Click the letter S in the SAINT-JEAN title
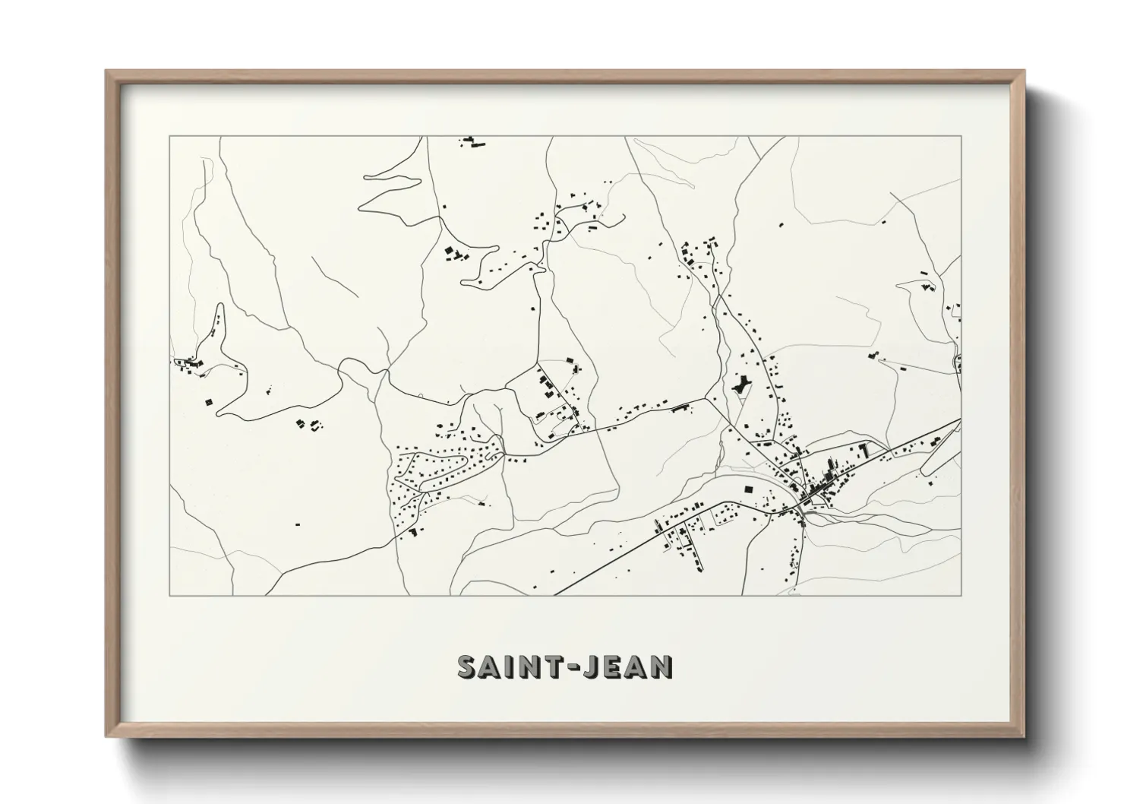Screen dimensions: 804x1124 tap(468, 666)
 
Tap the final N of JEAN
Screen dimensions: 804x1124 tap(662, 666)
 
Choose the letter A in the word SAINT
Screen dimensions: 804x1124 tap(492, 666)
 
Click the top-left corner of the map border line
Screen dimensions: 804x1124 tap(169, 137)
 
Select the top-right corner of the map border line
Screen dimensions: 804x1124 tap(961, 137)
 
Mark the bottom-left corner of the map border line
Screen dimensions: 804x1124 tap(169, 595)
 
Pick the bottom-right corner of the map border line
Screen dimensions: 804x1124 tap(961, 595)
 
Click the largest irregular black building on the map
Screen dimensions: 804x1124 tap(739, 385)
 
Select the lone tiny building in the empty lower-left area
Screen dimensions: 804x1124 tap(298, 524)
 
